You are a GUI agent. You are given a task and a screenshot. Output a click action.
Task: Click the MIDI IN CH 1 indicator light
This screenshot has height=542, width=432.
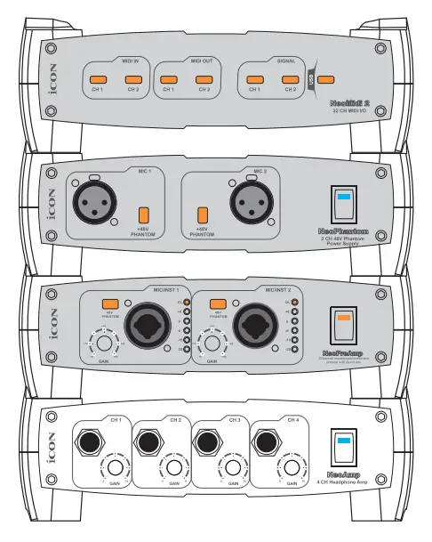98,78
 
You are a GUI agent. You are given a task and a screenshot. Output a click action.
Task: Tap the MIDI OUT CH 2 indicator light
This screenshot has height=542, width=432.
204,78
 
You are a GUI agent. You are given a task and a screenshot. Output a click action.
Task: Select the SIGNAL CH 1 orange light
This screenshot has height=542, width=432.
254,78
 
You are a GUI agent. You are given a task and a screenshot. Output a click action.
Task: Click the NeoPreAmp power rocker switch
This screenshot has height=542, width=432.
343,325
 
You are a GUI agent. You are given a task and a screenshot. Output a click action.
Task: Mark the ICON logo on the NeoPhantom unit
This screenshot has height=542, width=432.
51,202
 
